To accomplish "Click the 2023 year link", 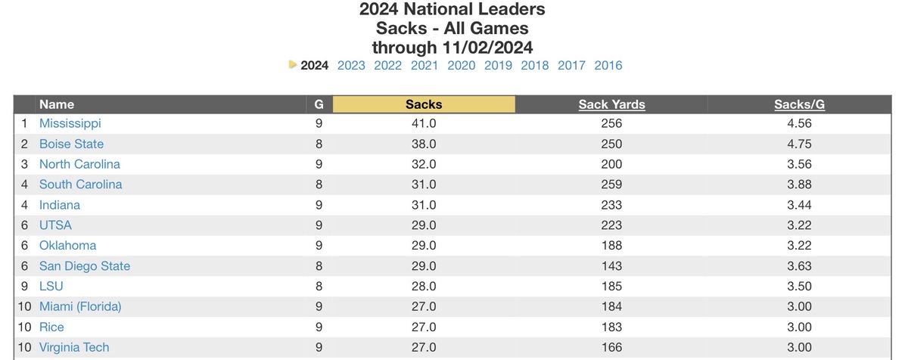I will (x=351, y=65).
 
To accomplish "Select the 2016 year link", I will (x=608, y=65).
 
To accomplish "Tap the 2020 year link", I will (x=462, y=65).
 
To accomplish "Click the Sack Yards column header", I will (x=611, y=104).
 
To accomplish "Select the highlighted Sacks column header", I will (x=424, y=104).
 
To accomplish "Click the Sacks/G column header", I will (x=799, y=104).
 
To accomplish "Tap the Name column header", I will (x=57, y=104).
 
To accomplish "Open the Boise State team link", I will (x=71, y=144).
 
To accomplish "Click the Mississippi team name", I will (x=70, y=123).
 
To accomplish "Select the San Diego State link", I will (x=85, y=266).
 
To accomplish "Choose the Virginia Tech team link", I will (x=74, y=347).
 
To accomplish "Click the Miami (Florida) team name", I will (x=80, y=306).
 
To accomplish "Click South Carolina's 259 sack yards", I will (x=611, y=185).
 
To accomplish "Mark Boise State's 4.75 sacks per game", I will (x=799, y=144).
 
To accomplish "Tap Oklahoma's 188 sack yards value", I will (x=611, y=246).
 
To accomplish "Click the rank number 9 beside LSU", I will (x=24, y=287).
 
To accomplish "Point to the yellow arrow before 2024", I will (x=293, y=65).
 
